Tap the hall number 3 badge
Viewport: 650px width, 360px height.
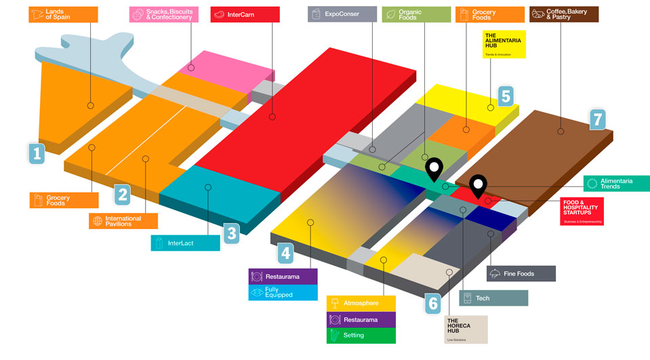[x=232, y=235]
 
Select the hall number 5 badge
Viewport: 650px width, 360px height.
[x=506, y=96]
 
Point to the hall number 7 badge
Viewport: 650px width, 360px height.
[x=597, y=119]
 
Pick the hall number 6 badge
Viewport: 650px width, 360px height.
[x=433, y=304]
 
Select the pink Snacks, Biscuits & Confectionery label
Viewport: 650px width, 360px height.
[x=163, y=14]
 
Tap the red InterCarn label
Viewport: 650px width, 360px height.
[x=245, y=14]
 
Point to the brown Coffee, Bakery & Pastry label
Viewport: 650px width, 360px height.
[x=564, y=14]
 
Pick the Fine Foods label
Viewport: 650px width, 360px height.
[x=521, y=274]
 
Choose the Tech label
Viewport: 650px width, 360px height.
[x=493, y=298]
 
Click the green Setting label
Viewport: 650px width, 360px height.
[x=361, y=335]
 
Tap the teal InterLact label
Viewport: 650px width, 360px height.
[x=185, y=242]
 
